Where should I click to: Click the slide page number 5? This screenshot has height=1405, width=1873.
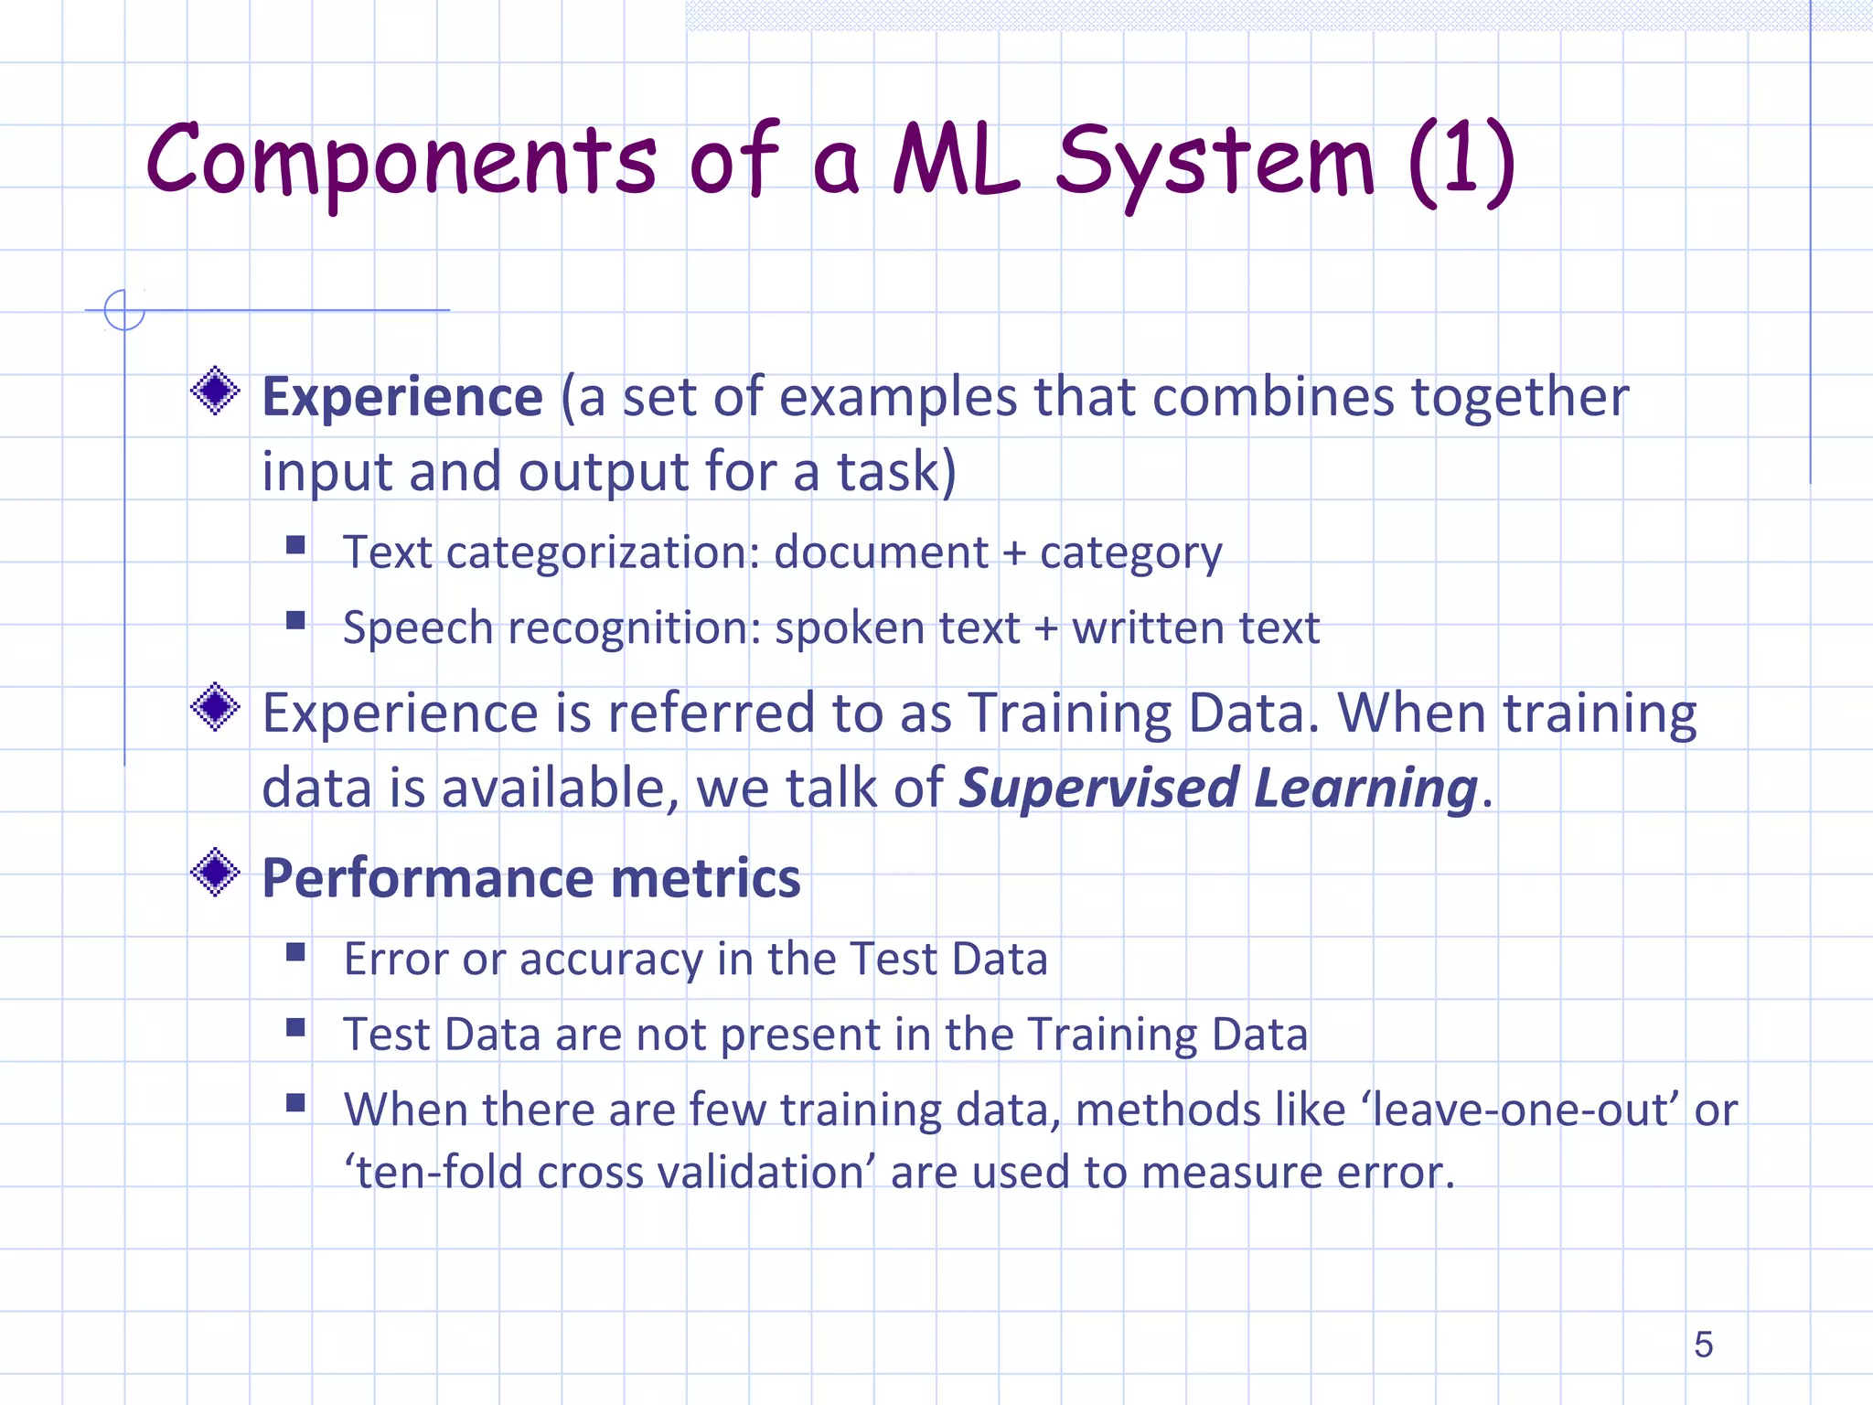coord(1703,1345)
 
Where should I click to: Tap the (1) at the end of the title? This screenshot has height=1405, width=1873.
coord(1461,161)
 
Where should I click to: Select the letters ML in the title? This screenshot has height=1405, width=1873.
coord(956,161)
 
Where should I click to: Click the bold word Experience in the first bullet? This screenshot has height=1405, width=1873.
coord(402,397)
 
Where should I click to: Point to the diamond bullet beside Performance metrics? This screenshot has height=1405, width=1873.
coord(216,872)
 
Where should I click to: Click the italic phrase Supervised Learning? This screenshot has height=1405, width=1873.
coord(1218,788)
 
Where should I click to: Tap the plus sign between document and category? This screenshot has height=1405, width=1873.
coord(1013,553)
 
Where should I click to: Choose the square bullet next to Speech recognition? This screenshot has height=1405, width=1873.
coord(295,621)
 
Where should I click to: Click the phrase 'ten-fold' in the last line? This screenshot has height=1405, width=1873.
coord(433,1173)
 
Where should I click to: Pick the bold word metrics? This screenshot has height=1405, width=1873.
coord(705,878)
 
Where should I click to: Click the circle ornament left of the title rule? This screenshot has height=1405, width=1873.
coord(124,310)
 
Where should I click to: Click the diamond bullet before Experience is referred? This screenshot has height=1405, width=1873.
coord(216,707)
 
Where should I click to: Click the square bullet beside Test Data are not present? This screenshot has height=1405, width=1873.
coord(295,1028)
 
